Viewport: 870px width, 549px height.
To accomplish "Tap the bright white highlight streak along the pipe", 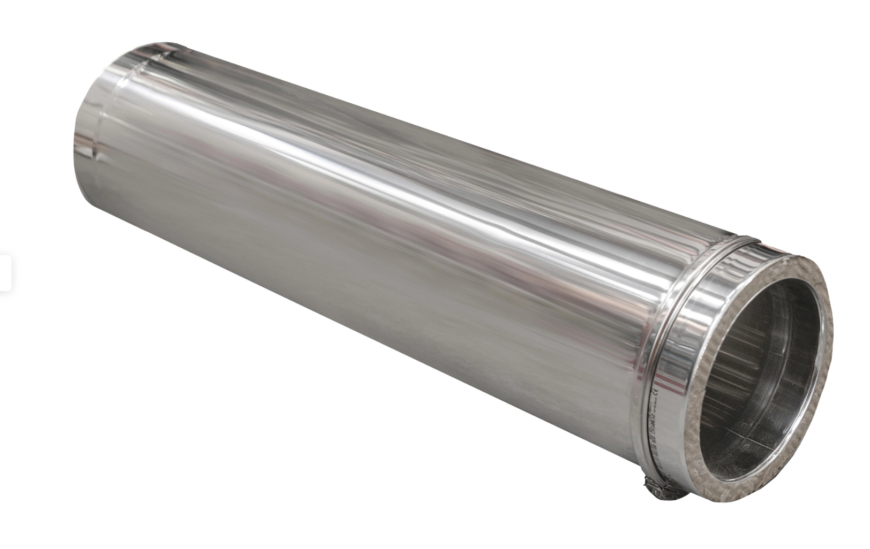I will click(x=375, y=161).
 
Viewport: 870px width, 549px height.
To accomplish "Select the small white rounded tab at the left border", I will click(x=5, y=273).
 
